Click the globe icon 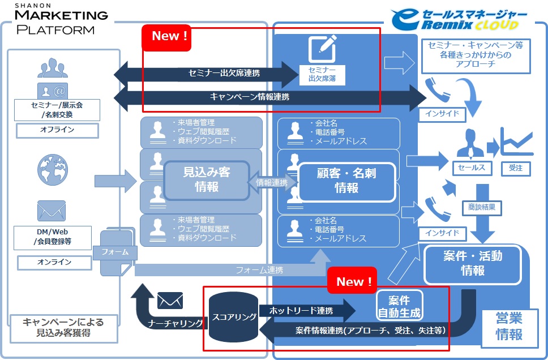[x=52, y=168]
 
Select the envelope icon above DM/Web [x=52, y=211]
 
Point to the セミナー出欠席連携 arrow [x=207, y=73]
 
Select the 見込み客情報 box [x=207, y=179]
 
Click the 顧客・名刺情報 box [x=346, y=181]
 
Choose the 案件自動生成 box [x=400, y=306]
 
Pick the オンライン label [x=54, y=262]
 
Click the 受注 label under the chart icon [x=516, y=168]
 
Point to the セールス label [x=471, y=168]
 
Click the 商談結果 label [x=482, y=207]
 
